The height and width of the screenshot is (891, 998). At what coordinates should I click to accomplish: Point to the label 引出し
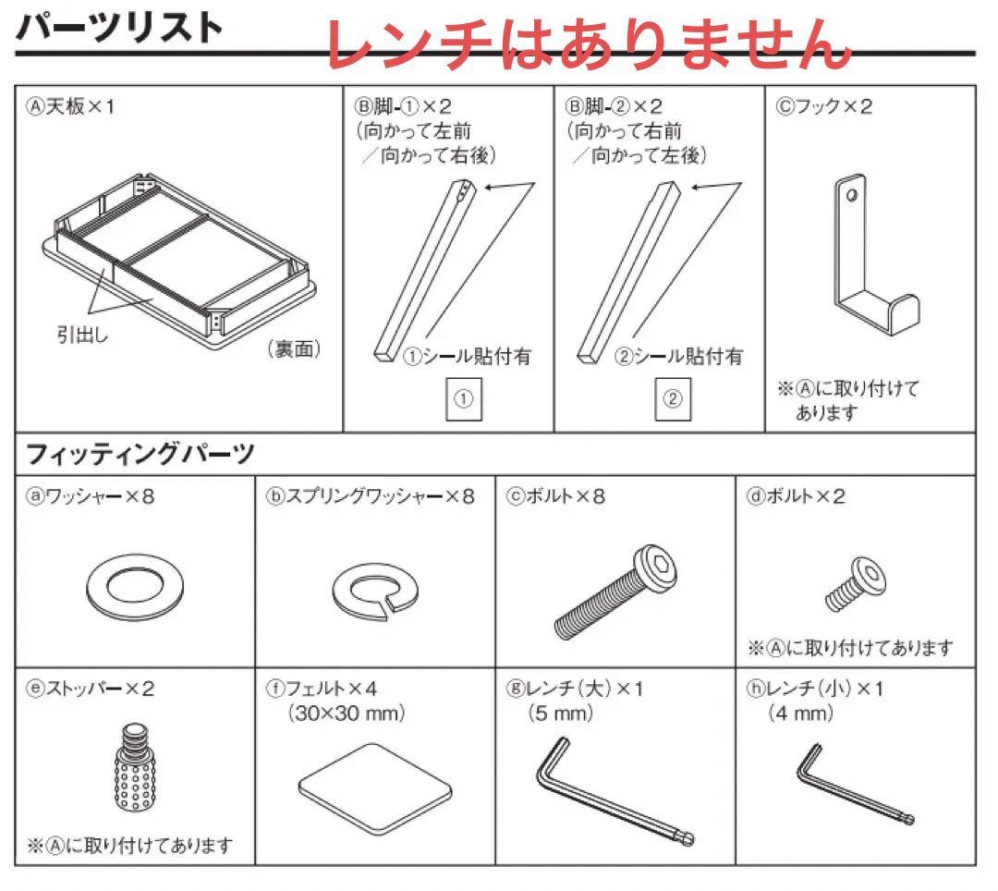click(82, 336)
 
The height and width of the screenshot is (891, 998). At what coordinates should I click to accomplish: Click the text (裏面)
click(294, 350)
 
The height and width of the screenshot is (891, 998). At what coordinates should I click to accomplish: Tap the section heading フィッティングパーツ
click(140, 455)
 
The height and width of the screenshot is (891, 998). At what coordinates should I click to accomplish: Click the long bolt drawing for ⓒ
click(615, 592)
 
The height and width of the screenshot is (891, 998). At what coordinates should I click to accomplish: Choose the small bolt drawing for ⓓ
click(851, 584)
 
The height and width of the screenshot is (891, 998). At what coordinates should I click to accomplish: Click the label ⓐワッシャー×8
click(90, 496)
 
